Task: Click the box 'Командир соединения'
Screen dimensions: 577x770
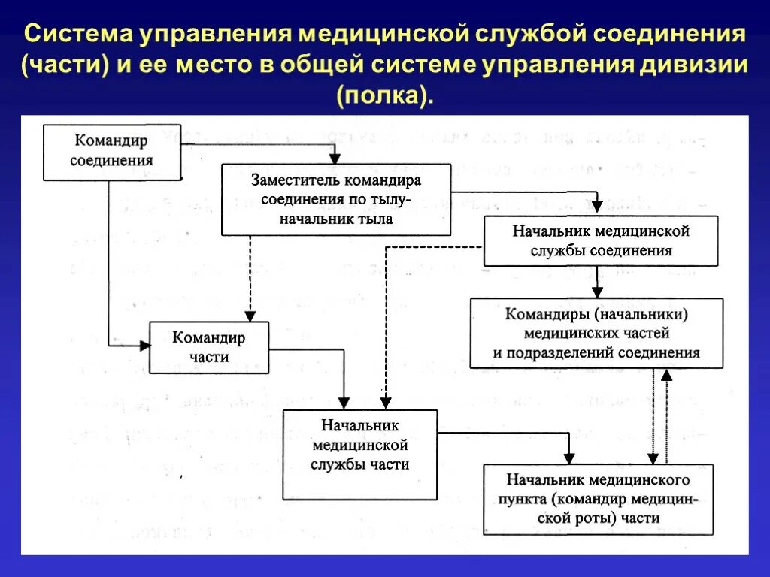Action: point(112,152)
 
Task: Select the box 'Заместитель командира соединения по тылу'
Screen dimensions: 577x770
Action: point(336,200)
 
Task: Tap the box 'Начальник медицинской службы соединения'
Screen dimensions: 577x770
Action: point(600,241)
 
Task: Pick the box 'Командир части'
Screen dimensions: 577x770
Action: point(209,347)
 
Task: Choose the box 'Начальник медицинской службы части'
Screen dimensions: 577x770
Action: point(360,454)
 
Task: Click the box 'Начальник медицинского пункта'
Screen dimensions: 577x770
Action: point(598,499)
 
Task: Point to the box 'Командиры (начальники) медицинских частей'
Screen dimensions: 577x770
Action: point(596,333)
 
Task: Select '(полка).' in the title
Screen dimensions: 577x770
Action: point(385,95)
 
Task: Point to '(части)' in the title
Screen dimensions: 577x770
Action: point(65,65)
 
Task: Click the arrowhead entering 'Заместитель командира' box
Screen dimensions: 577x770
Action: point(335,159)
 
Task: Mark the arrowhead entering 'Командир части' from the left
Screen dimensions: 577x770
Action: point(144,345)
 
